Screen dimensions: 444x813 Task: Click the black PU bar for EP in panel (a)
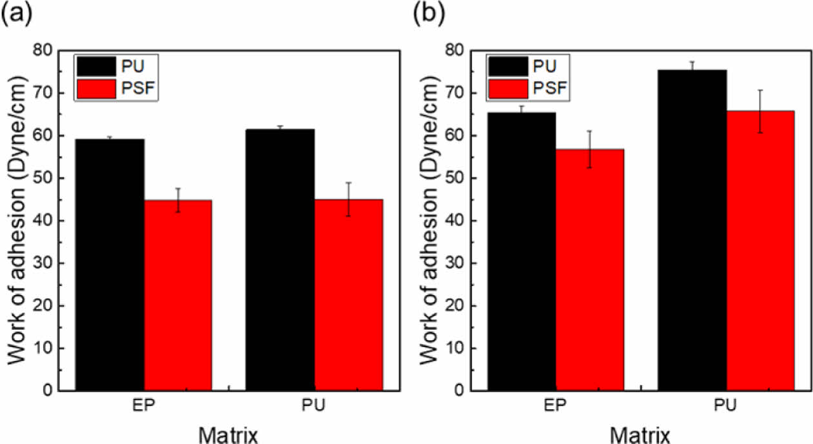pos(110,265)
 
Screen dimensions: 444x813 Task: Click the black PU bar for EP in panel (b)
pos(521,252)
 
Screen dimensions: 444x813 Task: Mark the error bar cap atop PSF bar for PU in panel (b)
pos(760,90)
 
